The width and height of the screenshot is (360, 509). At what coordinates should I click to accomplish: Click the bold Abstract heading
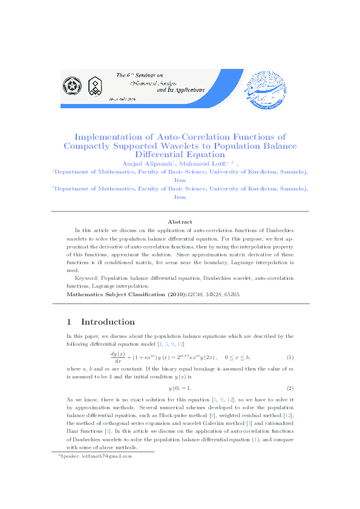tap(180, 222)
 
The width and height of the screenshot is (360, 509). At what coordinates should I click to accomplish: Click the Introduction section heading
tap(108, 322)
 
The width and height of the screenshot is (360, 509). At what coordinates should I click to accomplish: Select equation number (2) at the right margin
tap(290, 387)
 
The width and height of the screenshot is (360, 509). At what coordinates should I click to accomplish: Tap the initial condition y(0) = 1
tap(180, 387)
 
